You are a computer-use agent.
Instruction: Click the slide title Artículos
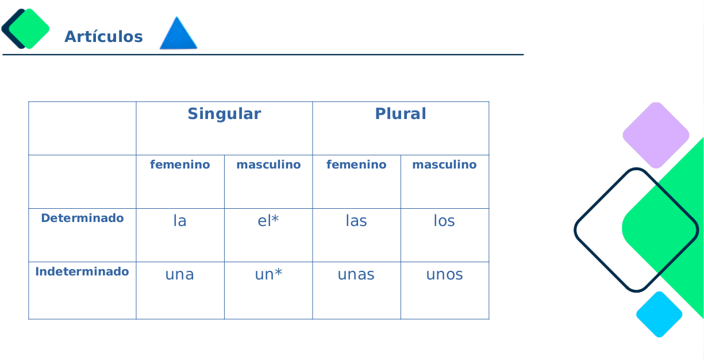coord(103,37)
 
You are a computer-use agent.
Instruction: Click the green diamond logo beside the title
coord(29,29)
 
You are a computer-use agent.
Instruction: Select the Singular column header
coord(224,114)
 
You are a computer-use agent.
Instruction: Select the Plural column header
coord(401,114)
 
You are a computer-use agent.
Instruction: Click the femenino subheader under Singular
coord(180,165)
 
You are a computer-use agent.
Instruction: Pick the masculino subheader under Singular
coord(268,165)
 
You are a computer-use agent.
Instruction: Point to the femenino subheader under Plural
coord(356,165)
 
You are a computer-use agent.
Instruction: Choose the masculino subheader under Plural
coord(444,165)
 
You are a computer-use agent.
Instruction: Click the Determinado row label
coord(82,219)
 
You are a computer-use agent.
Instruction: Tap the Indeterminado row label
coord(82,271)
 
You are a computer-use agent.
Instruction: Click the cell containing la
coord(180,221)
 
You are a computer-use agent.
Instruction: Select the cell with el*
coord(268,221)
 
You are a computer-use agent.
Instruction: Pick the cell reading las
coord(356,221)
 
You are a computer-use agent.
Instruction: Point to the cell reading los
coord(444,221)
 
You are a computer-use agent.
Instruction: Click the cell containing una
coord(180,275)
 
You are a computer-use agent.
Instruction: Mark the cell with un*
coord(268,275)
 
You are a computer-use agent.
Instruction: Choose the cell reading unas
coord(356,275)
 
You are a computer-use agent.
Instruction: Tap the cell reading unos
coord(444,275)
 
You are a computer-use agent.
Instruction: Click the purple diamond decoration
coord(656,135)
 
